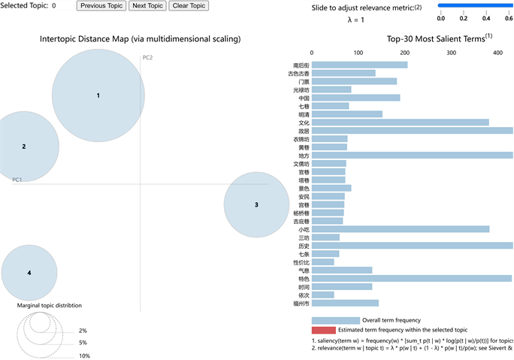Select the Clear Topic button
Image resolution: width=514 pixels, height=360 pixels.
tap(189, 6)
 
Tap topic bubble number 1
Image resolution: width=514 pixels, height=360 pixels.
tap(98, 95)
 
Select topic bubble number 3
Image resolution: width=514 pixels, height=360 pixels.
tap(256, 204)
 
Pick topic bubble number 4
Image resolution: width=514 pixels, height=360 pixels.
tap(29, 273)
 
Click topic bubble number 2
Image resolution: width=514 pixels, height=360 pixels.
tap(24, 147)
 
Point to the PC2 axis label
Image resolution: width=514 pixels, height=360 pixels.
tap(147, 58)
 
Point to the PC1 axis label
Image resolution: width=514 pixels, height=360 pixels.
tap(17, 180)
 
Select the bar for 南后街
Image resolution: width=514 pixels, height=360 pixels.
tap(359, 65)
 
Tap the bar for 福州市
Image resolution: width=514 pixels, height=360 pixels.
tap(345, 304)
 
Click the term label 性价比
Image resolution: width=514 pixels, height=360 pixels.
tap(301, 262)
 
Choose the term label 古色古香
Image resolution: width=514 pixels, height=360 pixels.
tap(298, 74)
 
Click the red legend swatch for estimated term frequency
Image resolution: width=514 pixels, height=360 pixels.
tap(324, 330)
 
